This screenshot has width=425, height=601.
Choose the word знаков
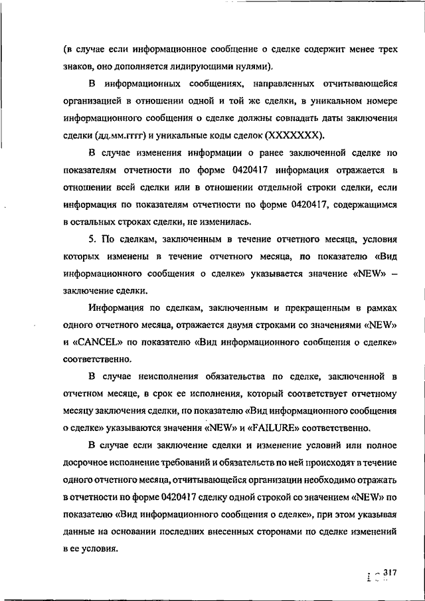80,66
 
